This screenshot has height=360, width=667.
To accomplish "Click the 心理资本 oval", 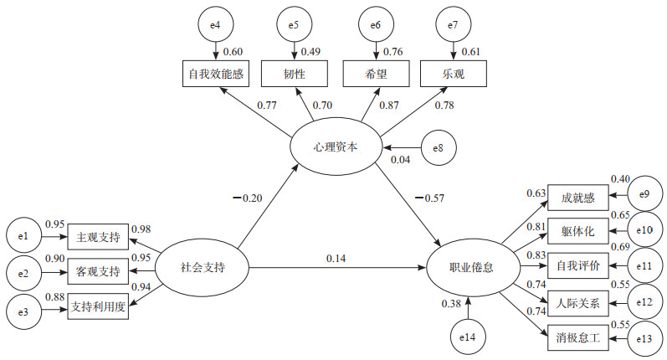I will click(335, 147).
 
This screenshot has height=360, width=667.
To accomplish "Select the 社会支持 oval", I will click(203, 268).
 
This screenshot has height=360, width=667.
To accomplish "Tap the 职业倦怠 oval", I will click(470, 268).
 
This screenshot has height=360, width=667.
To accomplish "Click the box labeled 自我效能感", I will click(216, 74).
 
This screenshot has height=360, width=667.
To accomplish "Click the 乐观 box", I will click(452, 74).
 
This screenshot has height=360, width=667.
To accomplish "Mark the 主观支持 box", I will click(97, 238).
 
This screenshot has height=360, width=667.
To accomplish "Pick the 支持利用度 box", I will click(97, 306).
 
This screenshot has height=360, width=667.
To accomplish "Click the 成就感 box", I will click(578, 198).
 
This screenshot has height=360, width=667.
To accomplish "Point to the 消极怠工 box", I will click(578, 339).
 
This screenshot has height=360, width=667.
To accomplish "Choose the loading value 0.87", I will click(365, 105).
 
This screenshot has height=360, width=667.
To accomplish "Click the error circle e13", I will click(643, 339).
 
